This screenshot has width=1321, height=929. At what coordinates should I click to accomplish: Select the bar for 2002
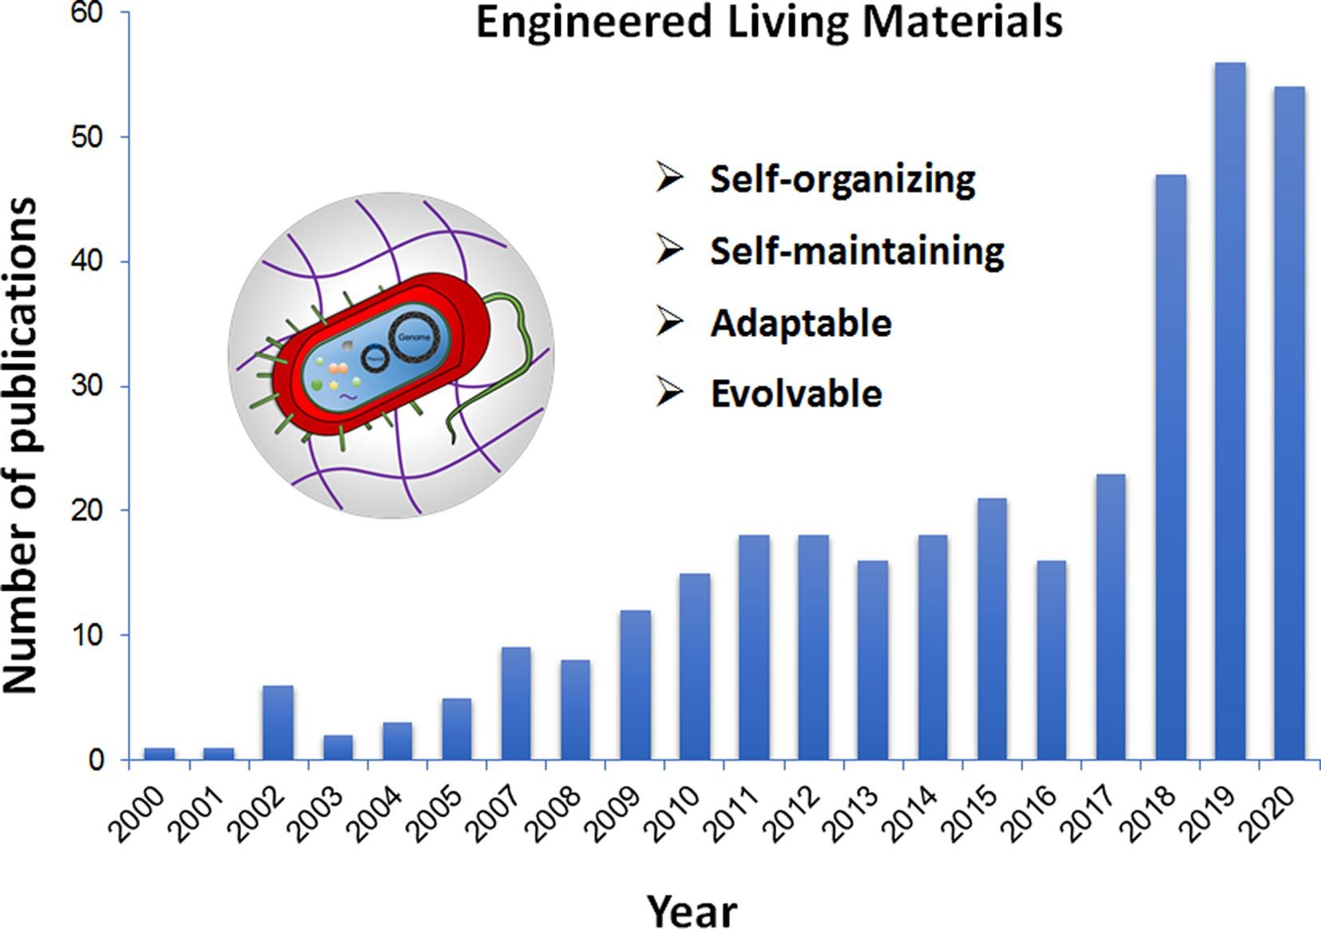277,722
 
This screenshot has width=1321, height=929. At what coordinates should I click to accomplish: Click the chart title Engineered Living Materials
769,22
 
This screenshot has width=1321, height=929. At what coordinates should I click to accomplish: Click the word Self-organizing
842,179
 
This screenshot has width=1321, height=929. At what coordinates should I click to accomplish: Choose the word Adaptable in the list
800,322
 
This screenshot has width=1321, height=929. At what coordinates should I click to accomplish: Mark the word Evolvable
796,393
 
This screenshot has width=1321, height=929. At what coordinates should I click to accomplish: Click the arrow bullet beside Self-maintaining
669,249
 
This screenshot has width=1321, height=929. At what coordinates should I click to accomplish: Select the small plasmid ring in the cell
375,358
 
